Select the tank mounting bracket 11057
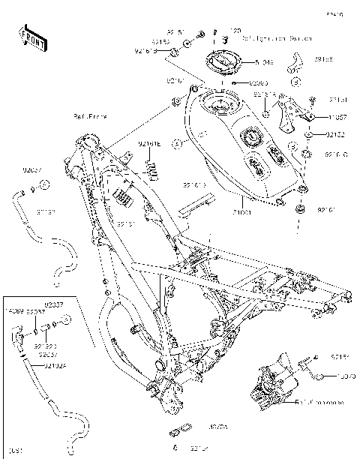tap(289, 115)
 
